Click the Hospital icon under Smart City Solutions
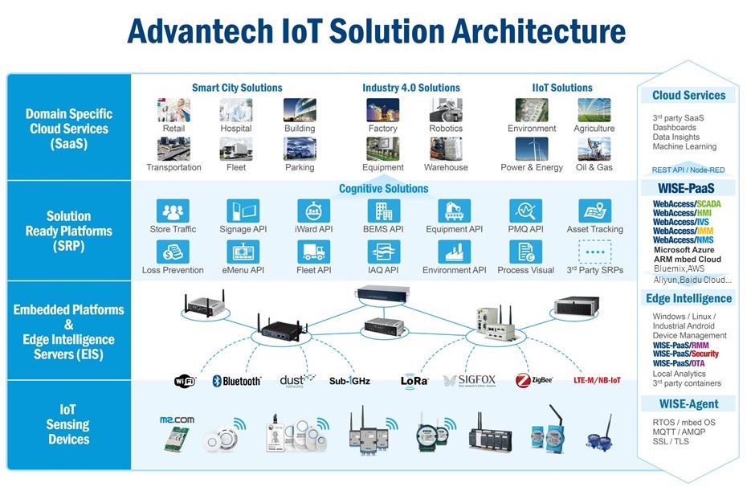(x=236, y=110)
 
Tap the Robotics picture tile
(x=445, y=110)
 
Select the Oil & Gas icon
(x=594, y=149)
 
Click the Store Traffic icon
(x=173, y=211)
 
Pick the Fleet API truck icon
(x=313, y=252)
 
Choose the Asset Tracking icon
(x=594, y=211)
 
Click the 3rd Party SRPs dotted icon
(x=594, y=252)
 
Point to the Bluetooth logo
(x=236, y=380)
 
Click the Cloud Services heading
(x=688, y=95)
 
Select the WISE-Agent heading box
(x=688, y=403)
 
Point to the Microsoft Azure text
(x=684, y=250)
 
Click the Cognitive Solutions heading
(x=383, y=188)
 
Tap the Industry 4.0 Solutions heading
(x=411, y=88)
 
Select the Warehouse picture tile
(x=445, y=149)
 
